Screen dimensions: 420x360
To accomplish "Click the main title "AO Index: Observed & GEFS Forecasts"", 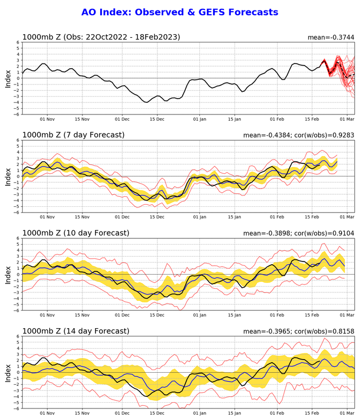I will point(180,12).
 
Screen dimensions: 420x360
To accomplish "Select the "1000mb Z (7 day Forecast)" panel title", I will point(73,135).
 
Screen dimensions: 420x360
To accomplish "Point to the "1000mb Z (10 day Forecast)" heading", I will point(75,233).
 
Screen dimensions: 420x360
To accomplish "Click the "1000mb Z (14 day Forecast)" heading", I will point(75,331).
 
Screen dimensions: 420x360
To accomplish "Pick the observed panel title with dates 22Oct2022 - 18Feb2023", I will point(101,37).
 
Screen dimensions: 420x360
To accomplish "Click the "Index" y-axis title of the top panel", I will point(8,78).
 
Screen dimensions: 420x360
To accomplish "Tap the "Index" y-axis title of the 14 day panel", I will point(8,372).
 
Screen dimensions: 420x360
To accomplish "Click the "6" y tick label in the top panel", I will point(18,43).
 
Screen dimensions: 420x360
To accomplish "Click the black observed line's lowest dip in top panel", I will point(147,102).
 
